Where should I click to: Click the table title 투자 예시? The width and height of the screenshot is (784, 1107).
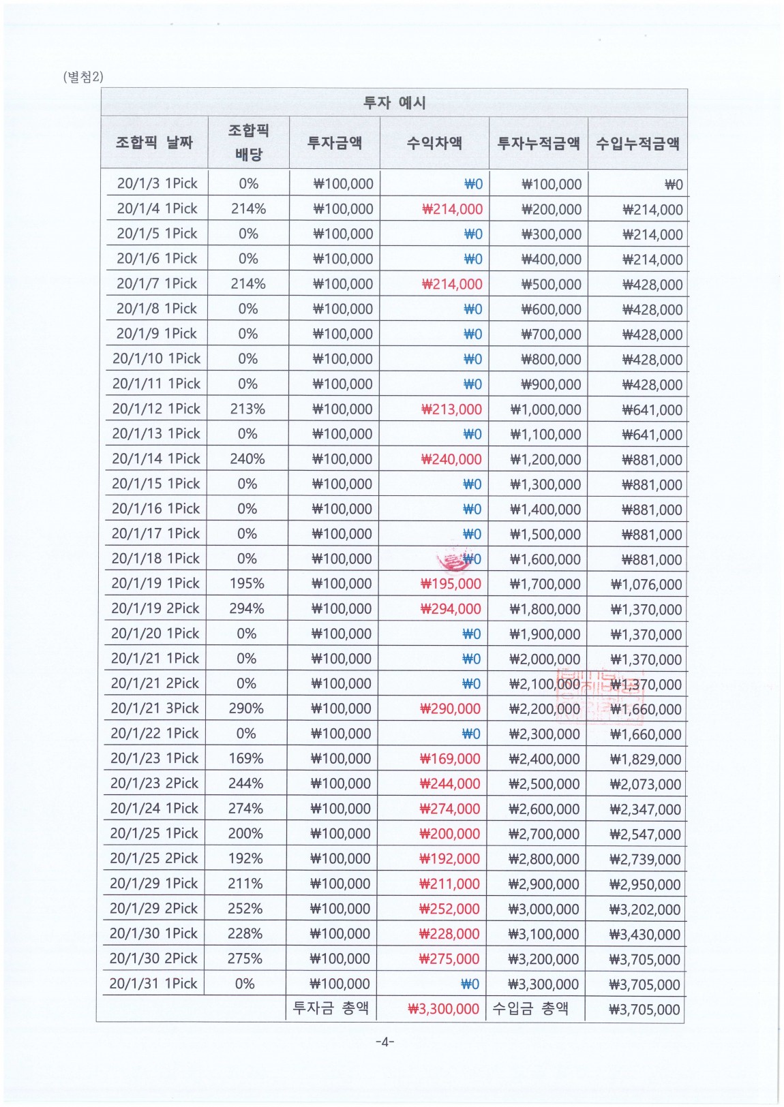[394, 103]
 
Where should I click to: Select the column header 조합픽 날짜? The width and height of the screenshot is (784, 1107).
[154, 142]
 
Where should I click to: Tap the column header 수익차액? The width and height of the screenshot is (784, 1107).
[434, 142]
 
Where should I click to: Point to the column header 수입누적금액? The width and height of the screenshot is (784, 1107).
[637, 143]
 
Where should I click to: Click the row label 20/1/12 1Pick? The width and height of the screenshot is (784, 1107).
[156, 409]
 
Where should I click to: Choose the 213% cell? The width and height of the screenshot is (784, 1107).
[247, 409]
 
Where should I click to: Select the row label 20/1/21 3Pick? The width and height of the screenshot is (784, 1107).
[155, 708]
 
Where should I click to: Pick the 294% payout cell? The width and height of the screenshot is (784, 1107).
[247, 608]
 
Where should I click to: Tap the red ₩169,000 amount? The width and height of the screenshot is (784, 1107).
[450, 759]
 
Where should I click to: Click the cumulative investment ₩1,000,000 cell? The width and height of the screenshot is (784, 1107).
[545, 409]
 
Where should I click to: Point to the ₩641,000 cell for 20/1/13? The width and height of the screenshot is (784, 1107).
[652, 435]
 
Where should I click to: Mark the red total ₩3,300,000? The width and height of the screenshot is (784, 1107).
[443, 1009]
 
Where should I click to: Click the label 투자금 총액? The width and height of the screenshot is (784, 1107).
[331, 1008]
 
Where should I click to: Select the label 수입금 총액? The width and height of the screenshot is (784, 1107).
[530, 1008]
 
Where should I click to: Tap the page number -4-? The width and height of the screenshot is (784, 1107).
[385, 1042]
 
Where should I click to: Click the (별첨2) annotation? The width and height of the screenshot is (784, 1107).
[82, 76]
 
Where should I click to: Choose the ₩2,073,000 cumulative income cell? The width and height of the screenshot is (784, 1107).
[645, 784]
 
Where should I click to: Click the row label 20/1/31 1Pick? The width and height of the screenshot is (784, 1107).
[153, 984]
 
